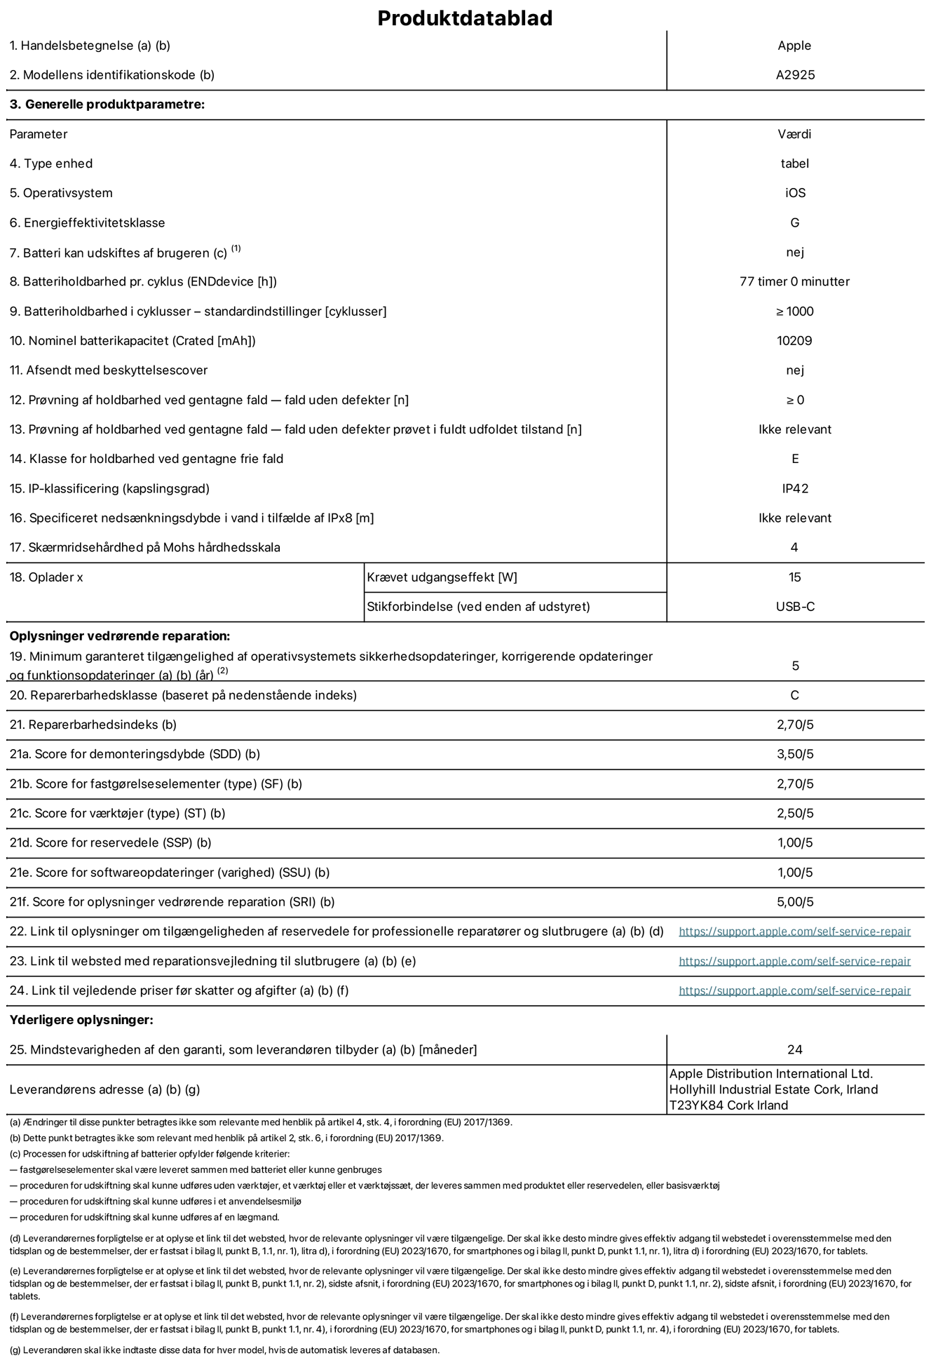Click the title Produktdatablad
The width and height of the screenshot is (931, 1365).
pos(465,18)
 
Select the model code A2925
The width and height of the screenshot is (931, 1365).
pos(795,75)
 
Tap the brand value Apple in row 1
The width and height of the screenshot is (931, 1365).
pos(794,46)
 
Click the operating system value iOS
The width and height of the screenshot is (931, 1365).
pos(795,193)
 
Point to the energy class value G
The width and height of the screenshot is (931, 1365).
pos(794,223)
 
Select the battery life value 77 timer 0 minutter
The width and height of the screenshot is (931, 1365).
pos(794,282)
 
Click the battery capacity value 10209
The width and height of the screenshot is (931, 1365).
pos(794,341)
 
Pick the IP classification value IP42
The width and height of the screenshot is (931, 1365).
pos(795,489)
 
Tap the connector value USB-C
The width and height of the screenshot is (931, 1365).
pos(795,607)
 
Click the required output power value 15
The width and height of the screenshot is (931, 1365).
pos(794,577)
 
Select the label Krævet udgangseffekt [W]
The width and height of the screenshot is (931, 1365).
pos(442,577)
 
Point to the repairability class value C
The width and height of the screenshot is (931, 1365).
pos(794,696)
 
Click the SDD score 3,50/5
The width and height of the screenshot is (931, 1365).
pos(795,755)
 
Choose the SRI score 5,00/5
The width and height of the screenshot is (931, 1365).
pos(795,902)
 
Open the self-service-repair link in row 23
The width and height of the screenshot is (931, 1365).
pos(794,962)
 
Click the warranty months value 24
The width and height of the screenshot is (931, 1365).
pos(794,1050)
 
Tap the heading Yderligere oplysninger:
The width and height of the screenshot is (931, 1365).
pos(81,1020)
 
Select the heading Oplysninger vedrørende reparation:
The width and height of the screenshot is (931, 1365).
pos(120,636)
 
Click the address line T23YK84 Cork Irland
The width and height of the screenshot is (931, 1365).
pos(728,1105)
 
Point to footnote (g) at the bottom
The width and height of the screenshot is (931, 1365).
pos(224,1350)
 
